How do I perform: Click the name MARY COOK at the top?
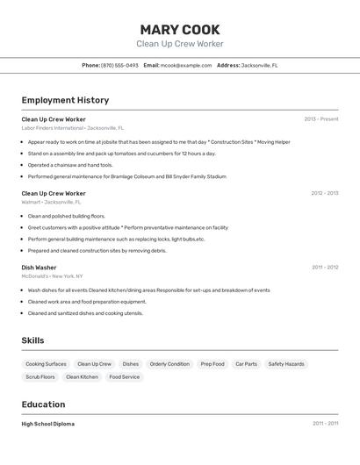179,30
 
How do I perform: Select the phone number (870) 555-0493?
119,65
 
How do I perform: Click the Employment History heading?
65,100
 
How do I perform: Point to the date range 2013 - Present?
320,118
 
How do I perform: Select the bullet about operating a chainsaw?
70,165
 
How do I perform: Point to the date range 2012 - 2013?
324,193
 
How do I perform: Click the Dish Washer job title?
39,267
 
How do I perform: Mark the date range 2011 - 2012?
324,267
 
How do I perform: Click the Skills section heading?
33,340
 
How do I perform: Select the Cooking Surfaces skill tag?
46,364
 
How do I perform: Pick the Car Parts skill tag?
246,364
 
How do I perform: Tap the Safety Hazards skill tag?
286,364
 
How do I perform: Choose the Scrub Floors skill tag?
40,377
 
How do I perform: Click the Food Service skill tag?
124,377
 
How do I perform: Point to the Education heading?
43,404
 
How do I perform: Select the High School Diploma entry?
48,424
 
